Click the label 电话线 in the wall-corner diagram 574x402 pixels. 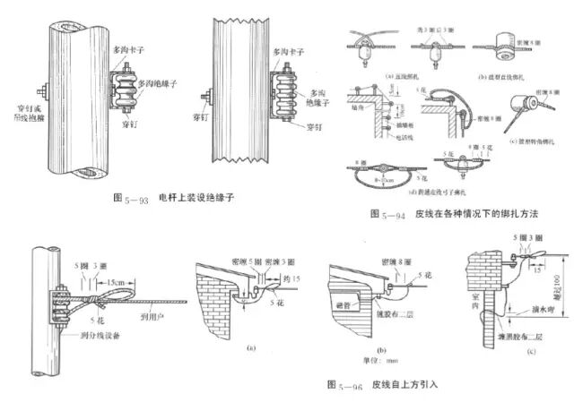397,142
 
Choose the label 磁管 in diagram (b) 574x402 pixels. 347,304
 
